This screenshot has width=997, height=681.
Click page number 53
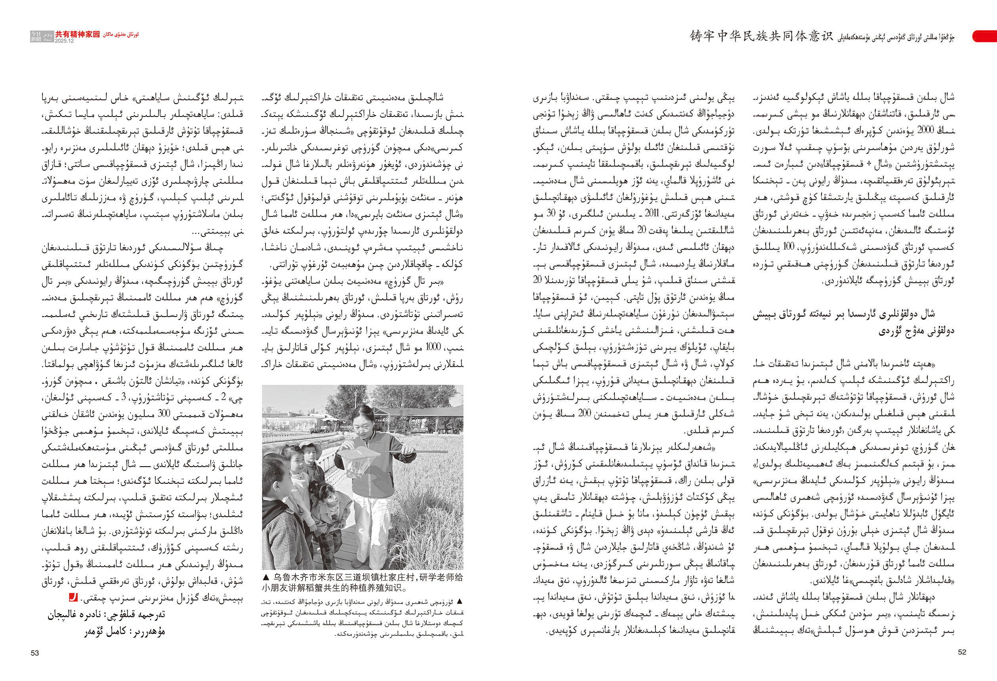click(x=35, y=653)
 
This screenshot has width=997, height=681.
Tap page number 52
click(x=962, y=652)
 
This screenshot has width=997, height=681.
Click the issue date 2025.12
click(x=64, y=41)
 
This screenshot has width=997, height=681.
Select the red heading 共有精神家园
click(x=77, y=34)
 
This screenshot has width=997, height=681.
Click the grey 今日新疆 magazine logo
click(x=42, y=36)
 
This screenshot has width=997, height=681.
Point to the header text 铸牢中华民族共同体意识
click(x=761, y=36)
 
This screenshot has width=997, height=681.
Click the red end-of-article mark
click(x=73, y=597)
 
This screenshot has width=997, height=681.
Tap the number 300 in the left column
click(x=164, y=414)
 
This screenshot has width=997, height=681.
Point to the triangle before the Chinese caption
click(x=266, y=577)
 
